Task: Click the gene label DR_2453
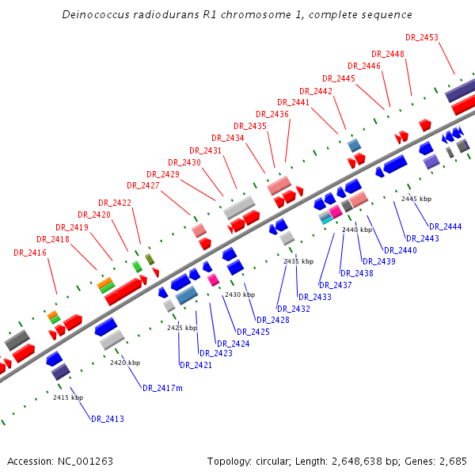422,37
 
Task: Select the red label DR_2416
30,253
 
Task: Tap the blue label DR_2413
108,419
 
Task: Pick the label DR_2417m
162,388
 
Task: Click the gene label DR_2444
446,226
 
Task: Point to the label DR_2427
143,185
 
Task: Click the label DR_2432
294,309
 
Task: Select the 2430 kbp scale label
239,294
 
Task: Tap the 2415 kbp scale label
68,397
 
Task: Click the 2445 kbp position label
416,199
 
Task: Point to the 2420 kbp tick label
125,363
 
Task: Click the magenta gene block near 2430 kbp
213,279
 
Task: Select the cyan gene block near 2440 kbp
325,221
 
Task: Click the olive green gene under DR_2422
150,259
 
